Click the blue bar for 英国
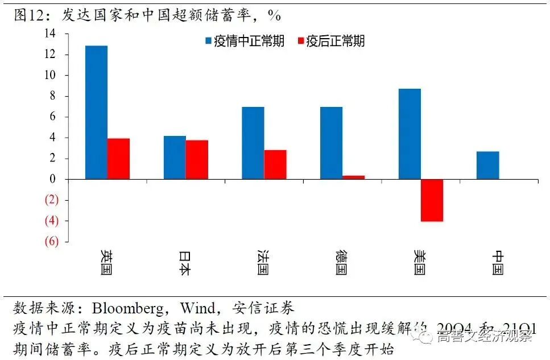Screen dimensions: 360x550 [x=96, y=112]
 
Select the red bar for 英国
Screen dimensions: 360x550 [x=118, y=159]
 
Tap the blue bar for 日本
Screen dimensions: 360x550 [x=175, y=158]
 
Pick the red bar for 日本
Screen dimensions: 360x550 [x=197, y=160]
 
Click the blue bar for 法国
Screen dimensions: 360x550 [x=253, y=143]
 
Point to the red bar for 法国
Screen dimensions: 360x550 [x=275, y=164]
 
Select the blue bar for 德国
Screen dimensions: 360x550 [x=331, y=143]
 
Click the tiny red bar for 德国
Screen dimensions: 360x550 [x=353, y=177]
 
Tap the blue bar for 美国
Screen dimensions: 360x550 [x=410, y=134]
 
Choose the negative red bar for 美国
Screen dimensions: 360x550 [x=432, y=200]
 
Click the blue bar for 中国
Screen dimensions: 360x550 [x=487, y=165]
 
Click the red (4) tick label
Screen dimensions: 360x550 [x=51, y=221]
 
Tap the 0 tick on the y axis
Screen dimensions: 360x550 [x=53, y=179]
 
